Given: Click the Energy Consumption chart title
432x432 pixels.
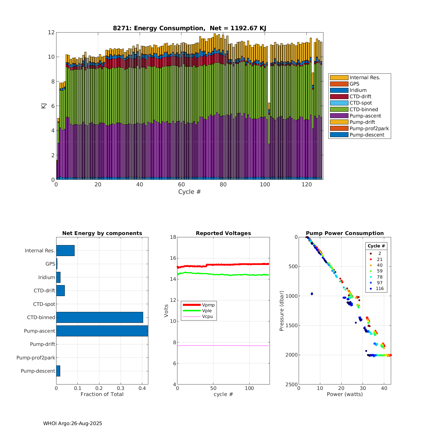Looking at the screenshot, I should pyautogui.click(x=189, y=28).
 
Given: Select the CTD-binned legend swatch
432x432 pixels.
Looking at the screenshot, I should pyautogui.click(x=339, y=109).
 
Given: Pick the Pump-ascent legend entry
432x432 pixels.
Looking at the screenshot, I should pyautogui.click(x=365, y=116).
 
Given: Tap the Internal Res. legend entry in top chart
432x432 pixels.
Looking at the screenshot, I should pyautogui.click(x=365, y=77).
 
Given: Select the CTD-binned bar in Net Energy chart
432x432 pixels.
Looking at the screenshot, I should pyautogui.click(x=100, y=317).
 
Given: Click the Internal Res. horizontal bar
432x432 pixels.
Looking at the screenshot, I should pyautogui.click(x=65, y=251).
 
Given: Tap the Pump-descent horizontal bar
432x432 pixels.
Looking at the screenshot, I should pyautogui.click(x=58, y=371).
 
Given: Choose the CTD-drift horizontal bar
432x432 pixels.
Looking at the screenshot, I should pyautogui.click(x=60, y=291).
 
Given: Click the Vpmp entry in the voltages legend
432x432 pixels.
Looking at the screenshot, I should pyautogui.click(x=208, y=305).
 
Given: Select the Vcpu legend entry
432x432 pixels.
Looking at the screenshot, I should pyautogui.click(x=207, y=317).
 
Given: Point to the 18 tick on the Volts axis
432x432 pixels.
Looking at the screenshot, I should pyautogui.click(x=173, y=237).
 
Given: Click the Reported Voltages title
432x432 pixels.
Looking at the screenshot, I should pyautogui.click(x=223, y=233).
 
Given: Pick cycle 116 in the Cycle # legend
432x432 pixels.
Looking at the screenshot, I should pyautogui.click(x=380, y=289).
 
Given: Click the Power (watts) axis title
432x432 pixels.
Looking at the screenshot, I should pyautogui.click(x=345, y=394).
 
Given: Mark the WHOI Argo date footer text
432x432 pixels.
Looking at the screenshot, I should pyautogui.click(x=73, y=423).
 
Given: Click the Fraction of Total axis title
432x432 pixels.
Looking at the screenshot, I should pyautogui.click(x=102, y=394).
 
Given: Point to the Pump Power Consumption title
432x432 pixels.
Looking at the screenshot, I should pyautogui.click(x=345, y=233).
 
